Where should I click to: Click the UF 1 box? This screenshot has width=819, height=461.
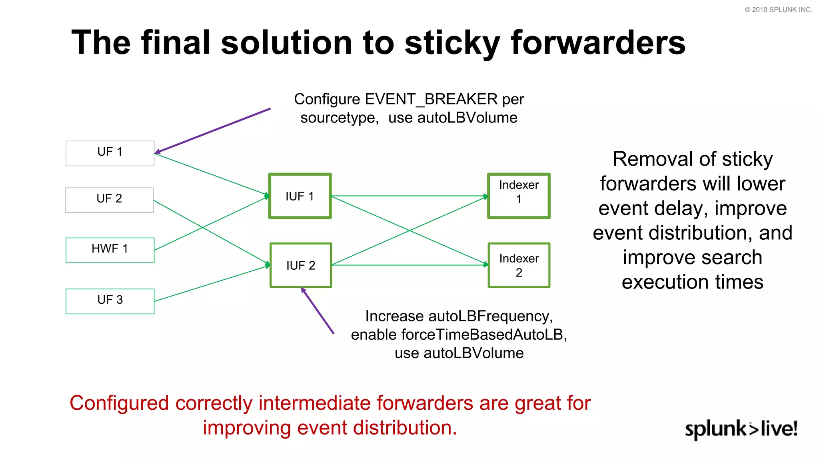pos(110,153)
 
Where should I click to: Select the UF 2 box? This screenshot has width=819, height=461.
pos(109,200)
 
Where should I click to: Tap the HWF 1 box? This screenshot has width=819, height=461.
pos(110,250)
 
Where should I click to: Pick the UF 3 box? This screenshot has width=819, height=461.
pos(110,301)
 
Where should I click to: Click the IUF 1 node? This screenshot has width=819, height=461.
pos(300,196)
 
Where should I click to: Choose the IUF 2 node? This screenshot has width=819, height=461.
pos(301,265)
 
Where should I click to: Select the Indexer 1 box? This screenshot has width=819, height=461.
pos(519,196)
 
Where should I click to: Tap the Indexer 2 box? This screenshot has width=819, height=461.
pos(519,265)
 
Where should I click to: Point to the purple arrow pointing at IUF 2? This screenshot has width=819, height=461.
pos(318,311)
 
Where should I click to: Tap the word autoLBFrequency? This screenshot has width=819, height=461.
pos(490,316)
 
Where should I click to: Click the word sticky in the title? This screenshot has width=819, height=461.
pos(452,43)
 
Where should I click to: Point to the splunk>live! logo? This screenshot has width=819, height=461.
pos(741,429)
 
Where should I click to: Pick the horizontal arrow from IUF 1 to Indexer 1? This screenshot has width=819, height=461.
pos(408,196)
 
